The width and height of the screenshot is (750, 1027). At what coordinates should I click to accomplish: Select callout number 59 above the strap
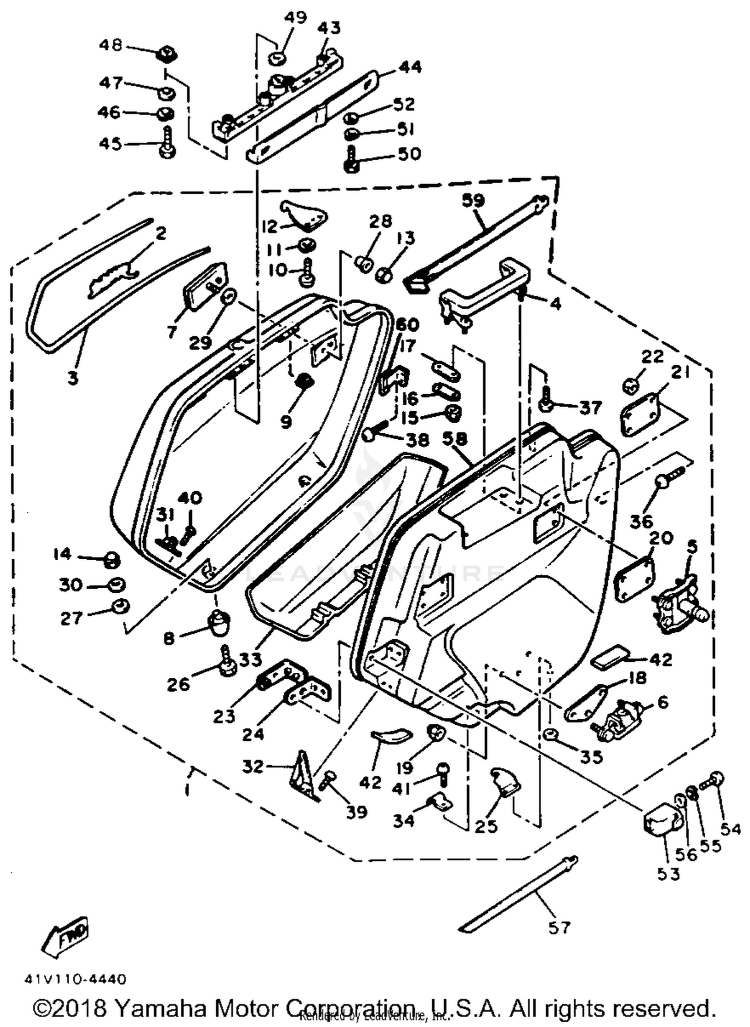coord(473,201)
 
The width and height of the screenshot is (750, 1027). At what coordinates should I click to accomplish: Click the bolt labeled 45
coord(166,144)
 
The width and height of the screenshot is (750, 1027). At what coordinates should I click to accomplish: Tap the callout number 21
coord(680,372)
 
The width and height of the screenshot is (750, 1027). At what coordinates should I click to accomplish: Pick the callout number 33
coord(250,659)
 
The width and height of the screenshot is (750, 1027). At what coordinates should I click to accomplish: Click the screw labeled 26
coord(227,661)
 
